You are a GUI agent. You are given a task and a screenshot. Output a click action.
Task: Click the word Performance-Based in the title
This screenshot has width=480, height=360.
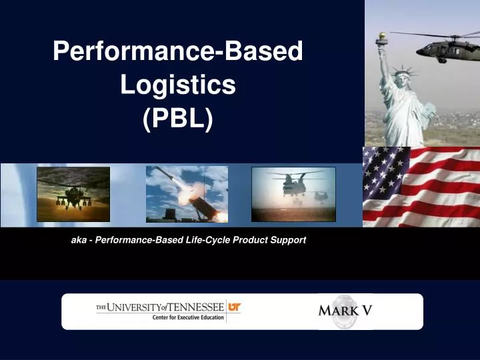coord(177,51)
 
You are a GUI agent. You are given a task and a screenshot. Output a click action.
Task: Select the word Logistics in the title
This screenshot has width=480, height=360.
coord(177,85)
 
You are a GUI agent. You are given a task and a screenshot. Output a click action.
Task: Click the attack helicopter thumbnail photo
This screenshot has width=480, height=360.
coord(73,194)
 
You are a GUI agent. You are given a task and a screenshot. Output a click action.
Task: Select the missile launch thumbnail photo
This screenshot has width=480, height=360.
coord(187,194)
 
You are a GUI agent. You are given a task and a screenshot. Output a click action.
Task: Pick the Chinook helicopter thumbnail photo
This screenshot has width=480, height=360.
coord(293,194)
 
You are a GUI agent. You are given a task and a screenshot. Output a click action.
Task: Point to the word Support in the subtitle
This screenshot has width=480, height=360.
coord(289,240)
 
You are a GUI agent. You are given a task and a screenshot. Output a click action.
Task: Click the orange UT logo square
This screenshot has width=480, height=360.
coord(234,307)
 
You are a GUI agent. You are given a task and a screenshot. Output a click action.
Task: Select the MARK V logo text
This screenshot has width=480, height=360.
coord(345,311)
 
